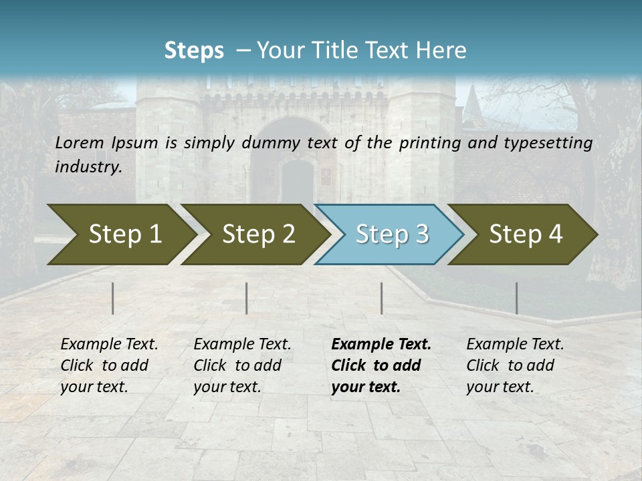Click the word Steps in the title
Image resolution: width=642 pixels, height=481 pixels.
point(194,51)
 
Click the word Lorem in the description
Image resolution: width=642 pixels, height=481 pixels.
point(79,143)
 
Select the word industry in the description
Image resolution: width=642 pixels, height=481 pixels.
point(88,167)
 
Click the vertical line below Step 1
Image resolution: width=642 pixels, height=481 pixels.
point(113,298)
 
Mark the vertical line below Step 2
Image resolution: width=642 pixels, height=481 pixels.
point(247,298)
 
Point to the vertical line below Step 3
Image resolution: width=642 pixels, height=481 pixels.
point(382,298)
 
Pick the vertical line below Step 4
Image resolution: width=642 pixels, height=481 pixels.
point(516,298)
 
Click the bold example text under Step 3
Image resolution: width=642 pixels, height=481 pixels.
point(380,365)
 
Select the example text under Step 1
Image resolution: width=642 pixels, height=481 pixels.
point(108,365)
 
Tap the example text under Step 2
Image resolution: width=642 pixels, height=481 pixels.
point(241,365)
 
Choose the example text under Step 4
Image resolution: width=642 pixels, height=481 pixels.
point(514,365)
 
